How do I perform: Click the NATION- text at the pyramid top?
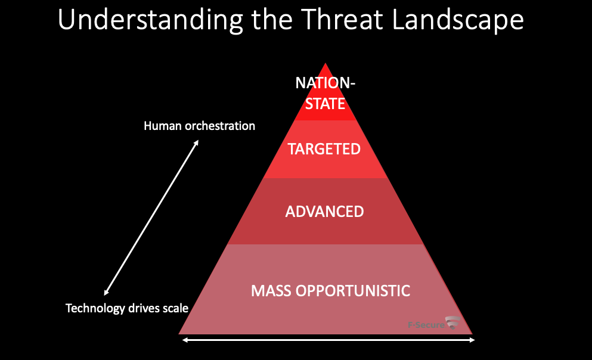tap(325, 83)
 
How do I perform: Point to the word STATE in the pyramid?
tap(325, 103)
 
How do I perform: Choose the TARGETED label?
tap(324, 149)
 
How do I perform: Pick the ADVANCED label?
tap(324, 212)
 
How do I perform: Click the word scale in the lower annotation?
tap(176, 308)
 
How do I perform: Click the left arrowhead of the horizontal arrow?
tap(184, 340)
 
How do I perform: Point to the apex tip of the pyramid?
tap(325, 64)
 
